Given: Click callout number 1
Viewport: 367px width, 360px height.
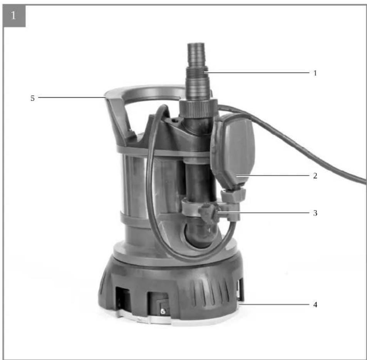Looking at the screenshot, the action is [x=315, y=73].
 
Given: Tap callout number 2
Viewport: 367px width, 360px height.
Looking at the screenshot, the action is [x=315, y=176].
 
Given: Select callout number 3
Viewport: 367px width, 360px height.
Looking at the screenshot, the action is [x=315, y=213].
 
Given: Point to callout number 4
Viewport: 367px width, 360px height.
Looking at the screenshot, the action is [x=315, y=305].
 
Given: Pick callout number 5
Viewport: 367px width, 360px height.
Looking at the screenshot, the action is [x=32, y=98].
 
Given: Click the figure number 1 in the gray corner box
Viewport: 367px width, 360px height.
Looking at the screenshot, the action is [x=13, y=16].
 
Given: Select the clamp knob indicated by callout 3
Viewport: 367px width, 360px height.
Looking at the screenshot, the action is [x=209, y=213].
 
